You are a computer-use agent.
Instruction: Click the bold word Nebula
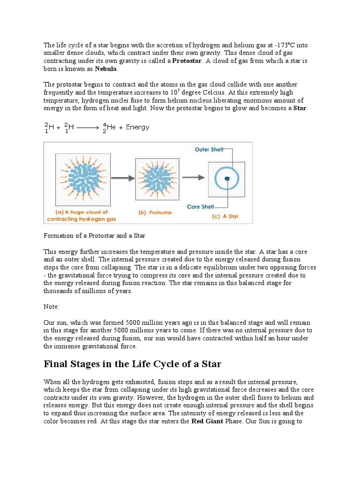106,69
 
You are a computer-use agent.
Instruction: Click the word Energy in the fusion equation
137,127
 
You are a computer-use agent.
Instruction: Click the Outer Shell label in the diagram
209,150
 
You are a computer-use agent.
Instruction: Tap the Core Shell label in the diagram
200,207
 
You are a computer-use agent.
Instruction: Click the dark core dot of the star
227,179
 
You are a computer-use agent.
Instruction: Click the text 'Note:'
52,306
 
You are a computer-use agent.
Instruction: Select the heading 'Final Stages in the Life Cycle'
132,364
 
